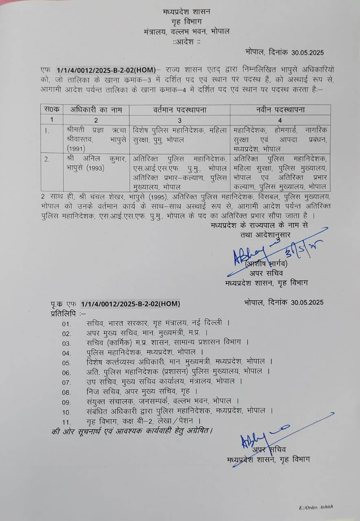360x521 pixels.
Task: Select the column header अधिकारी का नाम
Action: click(96, 109)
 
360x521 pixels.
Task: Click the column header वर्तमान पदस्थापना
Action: click(180, 109)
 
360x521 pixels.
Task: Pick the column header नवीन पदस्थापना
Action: click(280, 109)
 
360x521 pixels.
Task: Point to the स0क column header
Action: click(52, 109)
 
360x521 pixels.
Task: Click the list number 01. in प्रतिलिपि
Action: click(66, 324)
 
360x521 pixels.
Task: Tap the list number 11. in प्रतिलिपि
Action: click(66, 421)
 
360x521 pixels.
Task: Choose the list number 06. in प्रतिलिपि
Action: click(66, 372)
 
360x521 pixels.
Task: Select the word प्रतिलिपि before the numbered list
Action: click(62, 313)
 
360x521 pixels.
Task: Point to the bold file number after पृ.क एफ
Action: click(130, 304)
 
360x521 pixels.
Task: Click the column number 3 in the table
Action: click(180, 120)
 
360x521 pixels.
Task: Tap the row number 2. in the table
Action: click(47, 159)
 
